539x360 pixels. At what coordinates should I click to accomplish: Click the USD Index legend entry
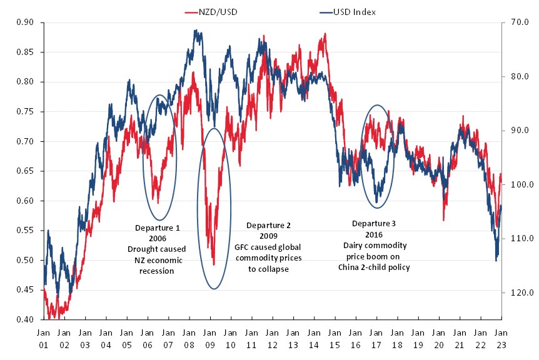(345, 11)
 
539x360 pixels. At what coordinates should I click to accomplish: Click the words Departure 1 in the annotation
(157, 227)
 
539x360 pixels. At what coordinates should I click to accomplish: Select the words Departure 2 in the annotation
(268, 225)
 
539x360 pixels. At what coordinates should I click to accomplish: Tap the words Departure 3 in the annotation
(374, 223)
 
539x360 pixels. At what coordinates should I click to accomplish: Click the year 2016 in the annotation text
(374, 234)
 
